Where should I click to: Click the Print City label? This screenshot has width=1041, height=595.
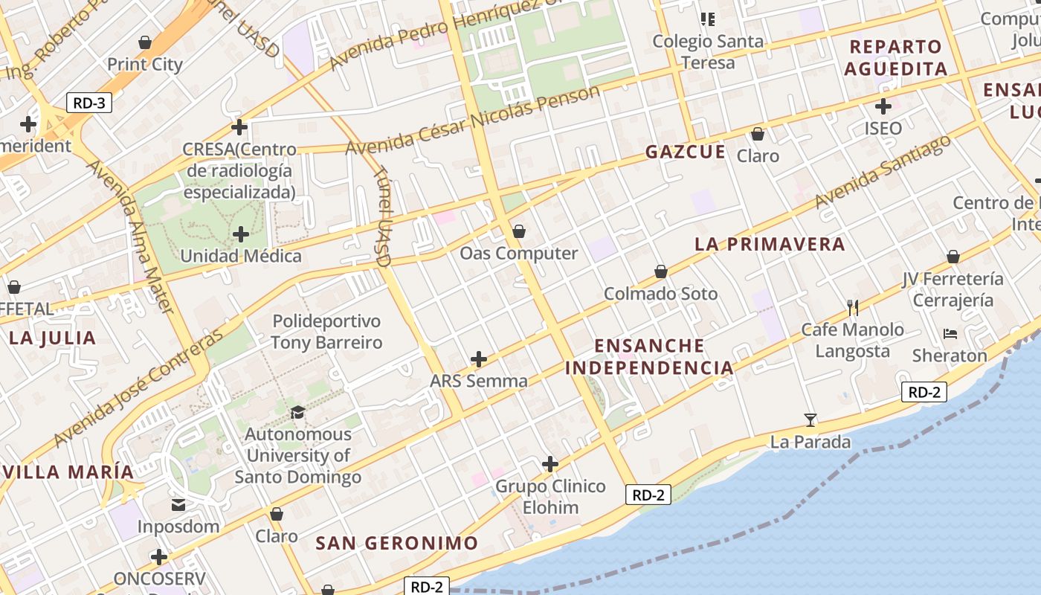pos(145,65)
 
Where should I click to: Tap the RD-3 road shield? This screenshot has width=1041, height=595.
pos(89,103)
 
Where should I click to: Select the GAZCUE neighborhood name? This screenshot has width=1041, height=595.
pos(685,152)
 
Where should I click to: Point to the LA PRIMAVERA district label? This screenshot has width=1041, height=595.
pos(770,244)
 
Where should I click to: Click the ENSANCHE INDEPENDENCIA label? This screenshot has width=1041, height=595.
pos(649,356)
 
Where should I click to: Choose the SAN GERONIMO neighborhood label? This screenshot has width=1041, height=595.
pos(396,543)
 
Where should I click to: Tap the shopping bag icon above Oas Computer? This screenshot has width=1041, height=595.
pos(519,231)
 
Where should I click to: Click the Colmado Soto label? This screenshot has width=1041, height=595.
pos(660,294)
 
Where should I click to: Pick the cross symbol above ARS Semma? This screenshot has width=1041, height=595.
pos(479,360)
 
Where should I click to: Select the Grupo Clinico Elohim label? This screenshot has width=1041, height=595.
pos(550,497)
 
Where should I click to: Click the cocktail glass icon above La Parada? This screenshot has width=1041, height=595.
pos(810,420)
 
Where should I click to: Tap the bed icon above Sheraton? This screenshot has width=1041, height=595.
pos(950,333)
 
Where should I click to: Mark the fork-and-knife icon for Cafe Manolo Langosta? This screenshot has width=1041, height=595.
pos(853,306)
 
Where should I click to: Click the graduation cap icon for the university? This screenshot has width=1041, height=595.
pos(297,412)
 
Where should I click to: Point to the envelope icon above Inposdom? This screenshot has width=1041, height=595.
pos(178,506)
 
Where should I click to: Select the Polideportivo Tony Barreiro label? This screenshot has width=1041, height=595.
pos(326,332)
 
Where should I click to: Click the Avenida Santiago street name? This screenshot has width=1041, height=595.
pos(882,172)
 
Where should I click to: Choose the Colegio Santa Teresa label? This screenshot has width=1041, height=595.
pos(708,51)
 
